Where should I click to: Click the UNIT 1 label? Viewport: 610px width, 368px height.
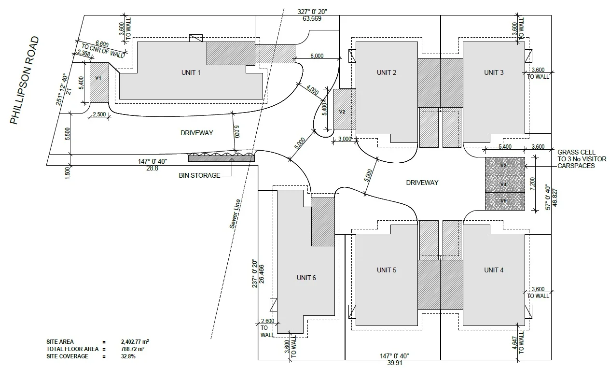click(x=191, y=72)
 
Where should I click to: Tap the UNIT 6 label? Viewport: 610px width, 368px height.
click(x=306, y=278)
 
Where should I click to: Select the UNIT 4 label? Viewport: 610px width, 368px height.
click(x=494, y=270)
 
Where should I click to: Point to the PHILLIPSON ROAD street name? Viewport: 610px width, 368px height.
click(x=25, y=80)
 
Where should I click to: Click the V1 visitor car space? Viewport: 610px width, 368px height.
click(x=99, y=83)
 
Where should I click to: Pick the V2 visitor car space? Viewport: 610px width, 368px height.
click(x=345, y=109)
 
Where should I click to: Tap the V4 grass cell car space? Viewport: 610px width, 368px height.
click(x=505, y=184)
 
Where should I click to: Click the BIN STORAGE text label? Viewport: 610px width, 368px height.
click(x=199, y=175)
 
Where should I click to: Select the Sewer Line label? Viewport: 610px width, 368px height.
click(x=235, y=214)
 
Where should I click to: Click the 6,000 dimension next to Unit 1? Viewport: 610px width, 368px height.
click(x=317, y=56)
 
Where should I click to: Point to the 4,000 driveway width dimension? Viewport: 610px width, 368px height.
click(x=312, y=90)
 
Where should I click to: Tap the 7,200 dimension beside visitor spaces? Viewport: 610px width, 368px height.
click(x=533, y=184)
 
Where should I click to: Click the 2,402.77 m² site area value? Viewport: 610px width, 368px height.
click(x=135, y=341)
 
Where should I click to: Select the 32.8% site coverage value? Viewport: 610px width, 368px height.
click(x=128, y=356)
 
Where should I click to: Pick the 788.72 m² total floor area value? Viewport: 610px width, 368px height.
click(x=133, y=349)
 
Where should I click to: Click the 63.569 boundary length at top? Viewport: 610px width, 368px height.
click(x=312, y=18)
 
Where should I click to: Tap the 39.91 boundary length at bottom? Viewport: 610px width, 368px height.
click(x=395, y=363)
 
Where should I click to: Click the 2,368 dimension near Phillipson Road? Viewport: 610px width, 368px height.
click(x=83, y=53)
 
